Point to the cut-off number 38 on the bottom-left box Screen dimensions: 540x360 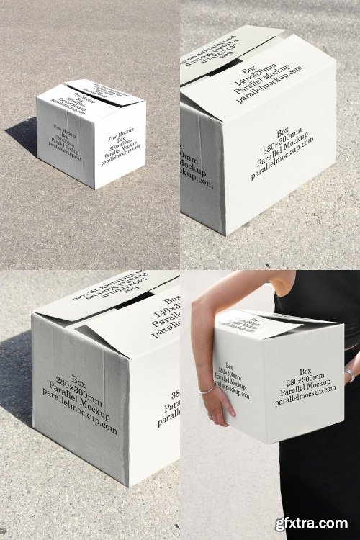point(175,395)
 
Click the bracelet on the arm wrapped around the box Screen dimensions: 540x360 point(207,390)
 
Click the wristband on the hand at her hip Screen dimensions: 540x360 point(349,374)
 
